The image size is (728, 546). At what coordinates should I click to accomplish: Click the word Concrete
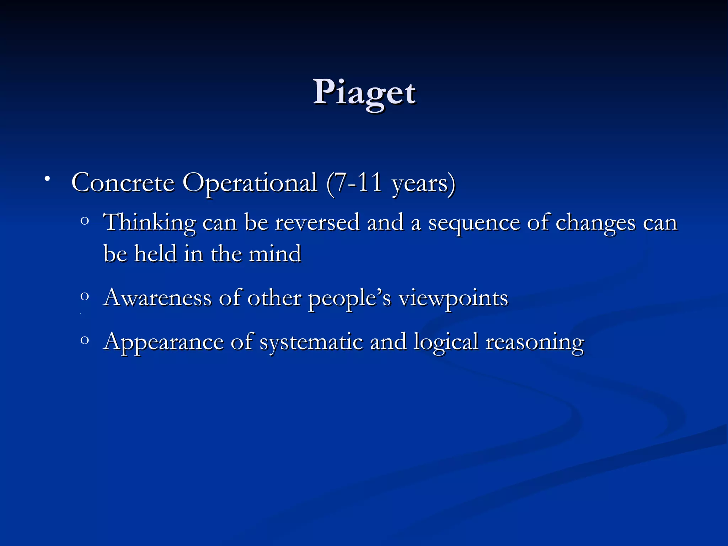pos(123,183)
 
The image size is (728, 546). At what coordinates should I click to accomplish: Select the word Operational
pos(250,183)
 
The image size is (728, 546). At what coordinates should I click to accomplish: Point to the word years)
pos(423,184)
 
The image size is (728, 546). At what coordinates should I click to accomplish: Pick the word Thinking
pos(149,223)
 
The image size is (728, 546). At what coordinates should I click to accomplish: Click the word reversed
pos(317,223)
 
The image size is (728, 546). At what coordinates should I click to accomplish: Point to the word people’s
pos(349,299)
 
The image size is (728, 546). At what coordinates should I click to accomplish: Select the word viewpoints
pos(453,299)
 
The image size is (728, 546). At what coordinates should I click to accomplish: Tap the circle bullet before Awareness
pos(84,296)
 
